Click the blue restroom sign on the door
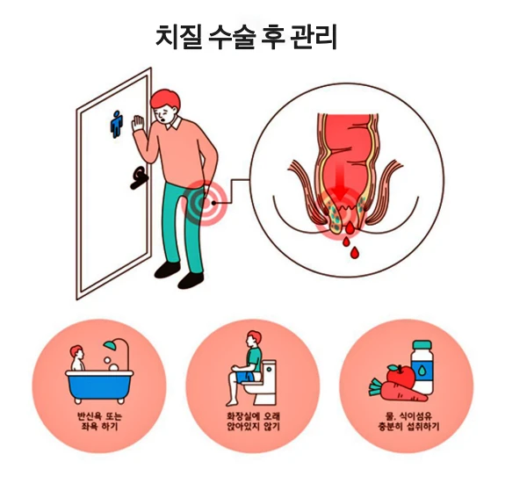coord(115,124)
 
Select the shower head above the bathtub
coord(113,349)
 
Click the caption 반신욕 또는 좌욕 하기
coord(98,419)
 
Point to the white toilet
coord(266,379)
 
